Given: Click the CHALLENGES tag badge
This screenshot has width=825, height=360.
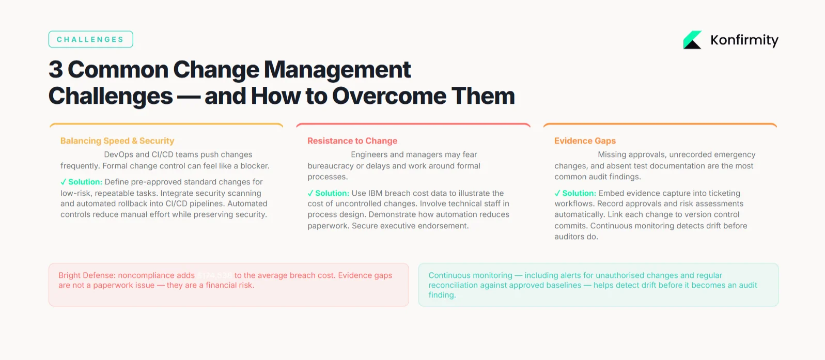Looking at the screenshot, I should (90, 39).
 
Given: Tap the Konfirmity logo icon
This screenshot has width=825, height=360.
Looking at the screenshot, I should (692, 40).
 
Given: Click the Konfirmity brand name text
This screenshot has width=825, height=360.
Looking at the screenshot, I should (744, 40).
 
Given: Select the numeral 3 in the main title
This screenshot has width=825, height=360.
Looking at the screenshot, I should (55, 70).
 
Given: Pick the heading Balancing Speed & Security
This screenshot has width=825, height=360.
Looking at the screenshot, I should (117, 141).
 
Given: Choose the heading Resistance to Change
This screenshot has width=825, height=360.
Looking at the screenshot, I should (352, 141).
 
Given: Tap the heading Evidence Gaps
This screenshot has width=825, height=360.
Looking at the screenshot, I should (585, 141).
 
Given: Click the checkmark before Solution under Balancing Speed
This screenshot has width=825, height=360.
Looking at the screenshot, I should (64, 182).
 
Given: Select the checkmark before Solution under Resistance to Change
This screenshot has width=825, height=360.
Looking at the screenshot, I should (310, 193).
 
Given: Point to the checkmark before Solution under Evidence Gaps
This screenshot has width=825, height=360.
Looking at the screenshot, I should (557, 193).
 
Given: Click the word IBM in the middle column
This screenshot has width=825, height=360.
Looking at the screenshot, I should (375, 193).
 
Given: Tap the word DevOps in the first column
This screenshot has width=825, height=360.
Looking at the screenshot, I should (118, 154).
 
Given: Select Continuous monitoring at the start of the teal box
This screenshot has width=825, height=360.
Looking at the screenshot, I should (470, 275).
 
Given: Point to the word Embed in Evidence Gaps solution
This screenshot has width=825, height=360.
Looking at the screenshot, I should (611, 193).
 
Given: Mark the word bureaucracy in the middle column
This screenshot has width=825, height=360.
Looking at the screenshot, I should (331, 166).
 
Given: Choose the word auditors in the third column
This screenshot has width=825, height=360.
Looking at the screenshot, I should (570, 237).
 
